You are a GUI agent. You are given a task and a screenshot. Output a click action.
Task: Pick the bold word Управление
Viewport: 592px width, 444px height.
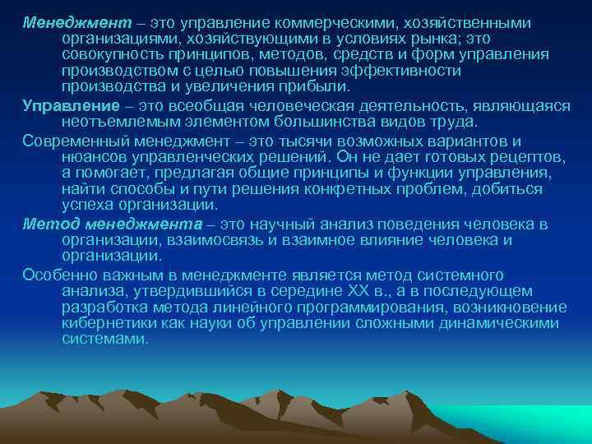[65, 106]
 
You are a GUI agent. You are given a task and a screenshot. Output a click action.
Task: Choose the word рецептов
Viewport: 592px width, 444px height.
[520, 157]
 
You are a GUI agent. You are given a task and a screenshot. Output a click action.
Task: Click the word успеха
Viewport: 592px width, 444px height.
[85, 205]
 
